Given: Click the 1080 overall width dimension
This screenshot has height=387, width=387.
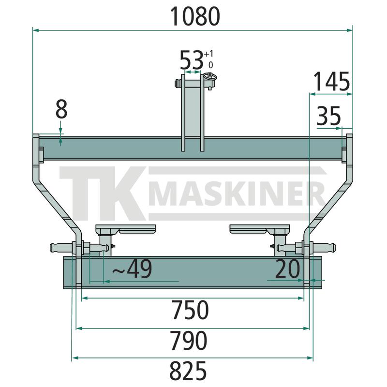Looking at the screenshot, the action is point(195,16).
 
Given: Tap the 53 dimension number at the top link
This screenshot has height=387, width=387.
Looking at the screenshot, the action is point(192,60).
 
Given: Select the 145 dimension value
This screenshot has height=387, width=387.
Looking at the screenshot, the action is point(331,81).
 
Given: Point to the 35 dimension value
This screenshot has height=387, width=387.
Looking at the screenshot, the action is point(328,116).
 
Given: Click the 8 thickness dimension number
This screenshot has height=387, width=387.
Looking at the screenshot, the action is point(61,109).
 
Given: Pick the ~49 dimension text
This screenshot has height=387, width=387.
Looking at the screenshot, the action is point(132,269).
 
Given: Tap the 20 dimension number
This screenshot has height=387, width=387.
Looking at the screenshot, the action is point(287,268).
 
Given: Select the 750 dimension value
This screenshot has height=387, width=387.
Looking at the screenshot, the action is point(190,310).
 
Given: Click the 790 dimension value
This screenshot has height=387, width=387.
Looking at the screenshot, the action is point(189,341).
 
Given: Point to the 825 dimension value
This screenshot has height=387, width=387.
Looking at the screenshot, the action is point(188,371).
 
